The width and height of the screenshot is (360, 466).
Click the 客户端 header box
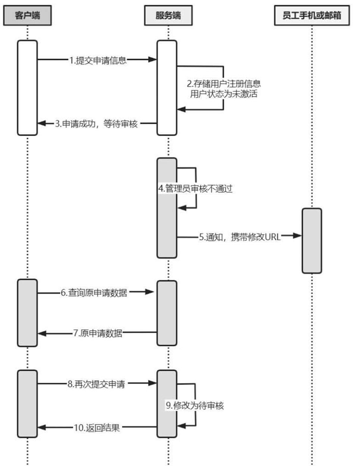coord(27,16)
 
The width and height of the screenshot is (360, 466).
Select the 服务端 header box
coord(168,16)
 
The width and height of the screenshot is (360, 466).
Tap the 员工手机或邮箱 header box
coord(311,16)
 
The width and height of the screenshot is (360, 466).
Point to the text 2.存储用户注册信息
coord(224,84)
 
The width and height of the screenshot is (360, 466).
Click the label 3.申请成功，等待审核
coord(97,124)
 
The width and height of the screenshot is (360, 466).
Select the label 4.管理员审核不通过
coord(195,189)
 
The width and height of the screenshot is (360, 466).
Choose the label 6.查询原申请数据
coord(94,293)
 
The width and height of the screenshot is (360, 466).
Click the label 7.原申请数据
coord(98,333)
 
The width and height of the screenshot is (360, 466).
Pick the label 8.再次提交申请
coord(96,384)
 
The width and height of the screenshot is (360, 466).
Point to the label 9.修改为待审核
coord(195,406)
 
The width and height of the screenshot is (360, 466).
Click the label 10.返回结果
coord(97,428)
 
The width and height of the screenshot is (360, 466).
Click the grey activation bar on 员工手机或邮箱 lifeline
coord(312,241)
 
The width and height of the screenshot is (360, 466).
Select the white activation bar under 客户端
coord(27,88)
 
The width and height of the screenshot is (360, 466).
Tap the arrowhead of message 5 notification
coord(298,236)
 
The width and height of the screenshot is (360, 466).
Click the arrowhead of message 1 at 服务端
coord(152,59)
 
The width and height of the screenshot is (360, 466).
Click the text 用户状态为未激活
coord(224,94)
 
